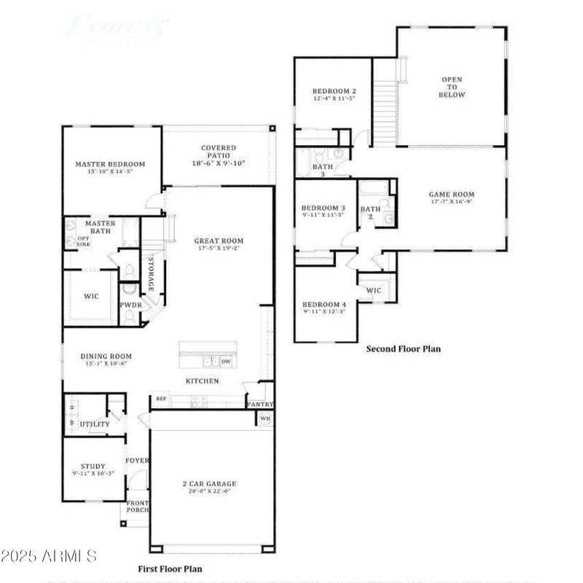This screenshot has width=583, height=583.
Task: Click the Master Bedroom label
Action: click(x=110, y=164)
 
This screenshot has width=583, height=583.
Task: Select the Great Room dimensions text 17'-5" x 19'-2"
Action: click(x=219, y=249)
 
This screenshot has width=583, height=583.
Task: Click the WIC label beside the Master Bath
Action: click(x=91, y=297)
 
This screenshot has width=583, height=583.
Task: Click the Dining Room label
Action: click(x=106, y=356)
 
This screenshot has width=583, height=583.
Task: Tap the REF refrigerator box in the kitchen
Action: click(x=160, y=399)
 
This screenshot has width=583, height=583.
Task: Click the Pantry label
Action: click(x=259, y=404)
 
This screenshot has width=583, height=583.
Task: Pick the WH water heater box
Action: click(x=265, y=418)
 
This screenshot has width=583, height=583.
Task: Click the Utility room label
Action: click(x=95, y=424)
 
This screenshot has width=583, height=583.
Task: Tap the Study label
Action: click(x=93, y=466)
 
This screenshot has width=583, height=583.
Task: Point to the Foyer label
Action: click(x=137, y=461)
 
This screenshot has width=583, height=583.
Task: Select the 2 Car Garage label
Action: click(x=209, y=484)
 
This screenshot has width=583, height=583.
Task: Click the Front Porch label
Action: click(x=137, y=506)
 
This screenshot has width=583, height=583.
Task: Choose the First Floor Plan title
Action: click(x=171, y=568)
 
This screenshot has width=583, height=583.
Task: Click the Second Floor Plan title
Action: click(x=403, y=349)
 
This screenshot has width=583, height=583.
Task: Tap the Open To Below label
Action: click(x=452, y=87)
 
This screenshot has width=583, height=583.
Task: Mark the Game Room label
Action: click(x=451, y=195)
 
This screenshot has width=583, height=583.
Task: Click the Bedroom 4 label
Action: click(x=324, y=304)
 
